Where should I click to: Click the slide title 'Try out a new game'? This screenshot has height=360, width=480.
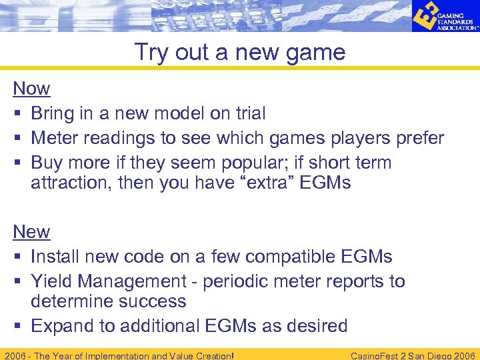(x=240, y=52)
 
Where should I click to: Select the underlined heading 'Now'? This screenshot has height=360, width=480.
(x=31, y=89)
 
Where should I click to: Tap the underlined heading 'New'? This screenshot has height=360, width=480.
(x=31, y=231)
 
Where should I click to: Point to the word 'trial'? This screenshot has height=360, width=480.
(x=248, y=113)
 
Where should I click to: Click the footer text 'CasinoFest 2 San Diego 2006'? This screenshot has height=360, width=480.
(x=413, y=355)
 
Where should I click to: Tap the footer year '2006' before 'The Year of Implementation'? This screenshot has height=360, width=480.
(x=15, y=355)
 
